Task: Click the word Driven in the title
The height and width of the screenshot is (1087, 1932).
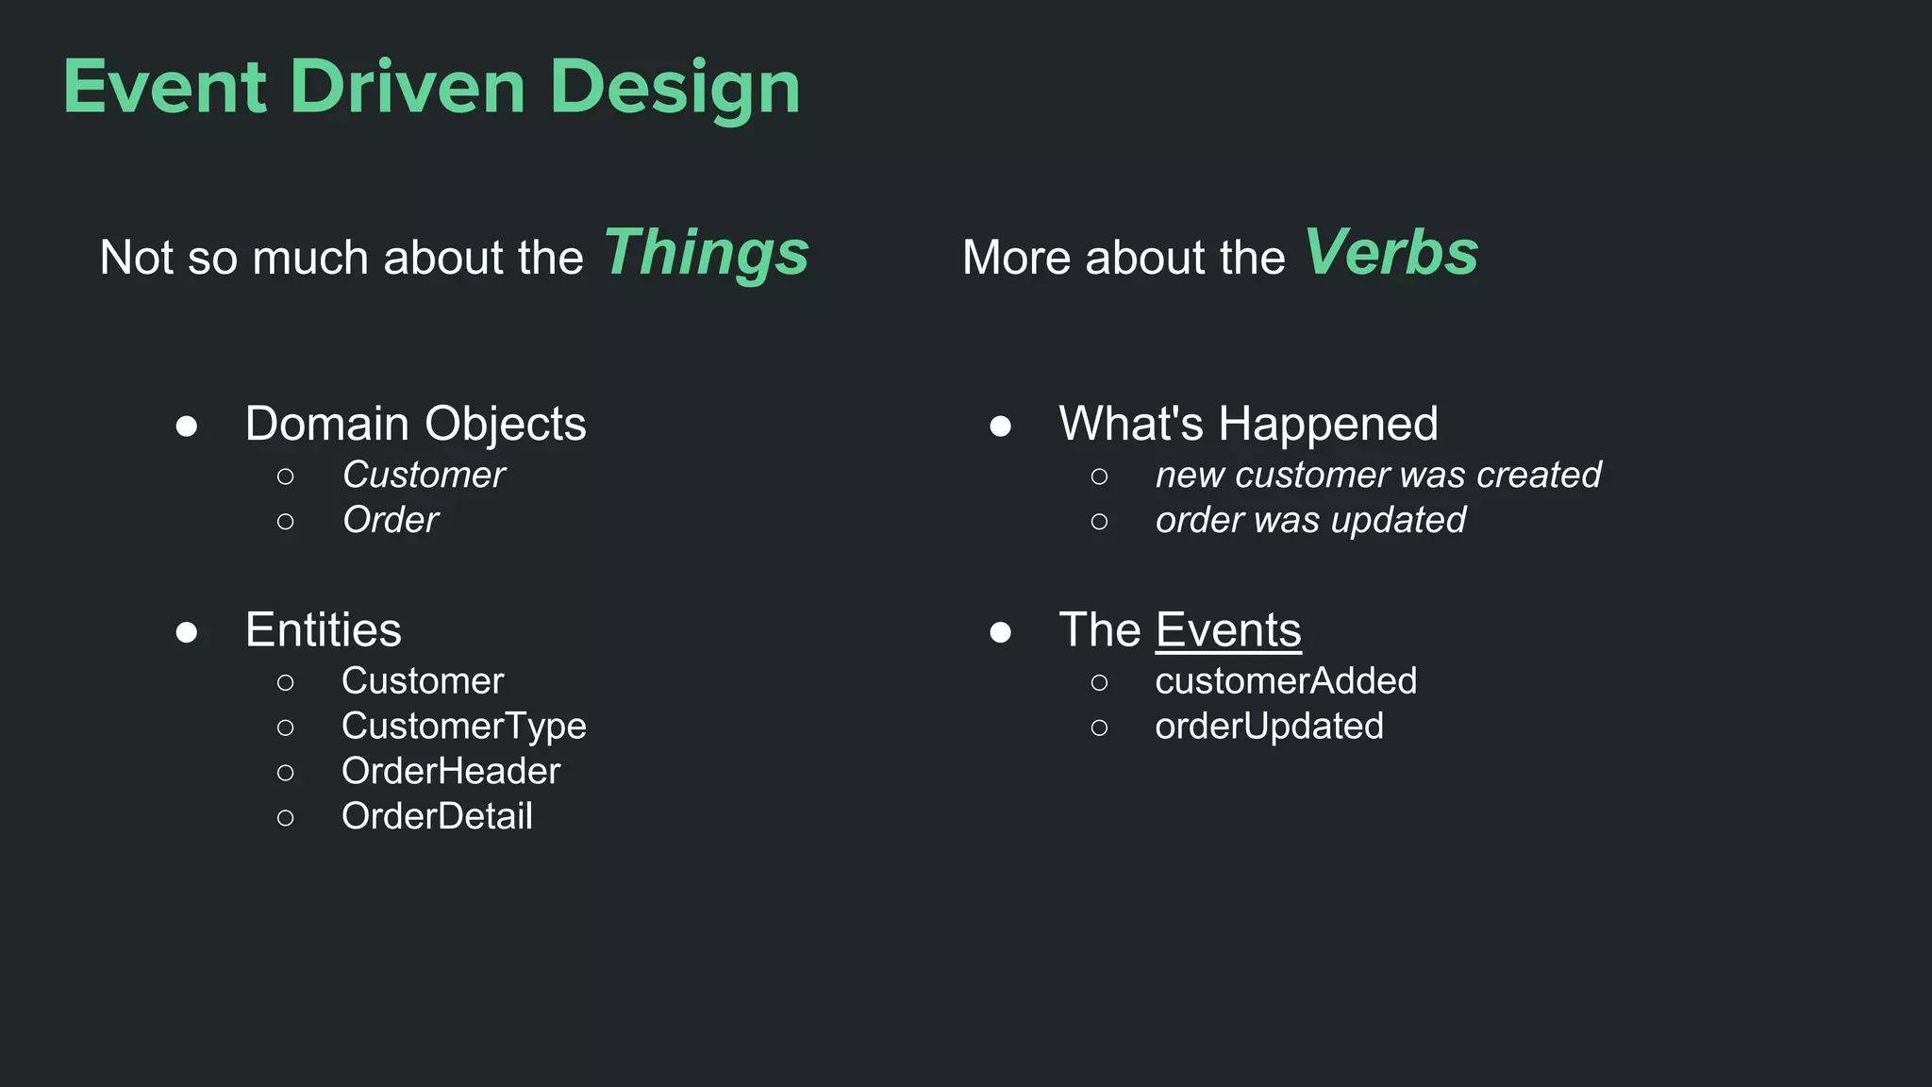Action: tap(408, 87)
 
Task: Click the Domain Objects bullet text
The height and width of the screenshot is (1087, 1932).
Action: tap(415, 424)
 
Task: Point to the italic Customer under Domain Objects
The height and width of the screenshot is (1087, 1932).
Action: tap(424, 475)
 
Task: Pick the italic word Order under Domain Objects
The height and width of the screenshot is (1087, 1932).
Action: tap(391, 520)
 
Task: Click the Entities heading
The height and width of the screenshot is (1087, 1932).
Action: tap(323, 629)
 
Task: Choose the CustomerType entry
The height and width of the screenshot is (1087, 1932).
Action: tap(463, 726)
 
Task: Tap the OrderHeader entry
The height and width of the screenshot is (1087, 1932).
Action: tap(450, 771)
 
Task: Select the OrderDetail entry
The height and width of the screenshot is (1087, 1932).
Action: tap(436, 816)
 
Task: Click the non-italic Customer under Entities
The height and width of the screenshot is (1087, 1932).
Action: tap(422, 680)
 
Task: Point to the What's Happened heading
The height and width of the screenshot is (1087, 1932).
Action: tap(1248, 424)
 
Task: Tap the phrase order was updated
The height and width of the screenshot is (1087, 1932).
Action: tap(1310, 520)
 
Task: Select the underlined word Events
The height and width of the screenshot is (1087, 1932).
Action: tap(1228, 629)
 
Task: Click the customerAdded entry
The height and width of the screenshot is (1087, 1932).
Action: tap(1285, 680)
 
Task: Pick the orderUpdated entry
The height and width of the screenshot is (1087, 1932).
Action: tap(1269, 726)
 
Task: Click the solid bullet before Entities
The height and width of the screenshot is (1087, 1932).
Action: tap(187, 631)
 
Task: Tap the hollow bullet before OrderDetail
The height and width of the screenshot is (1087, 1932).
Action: tap(286, 817)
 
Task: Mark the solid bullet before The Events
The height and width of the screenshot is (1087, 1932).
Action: tap(1001, 631)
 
